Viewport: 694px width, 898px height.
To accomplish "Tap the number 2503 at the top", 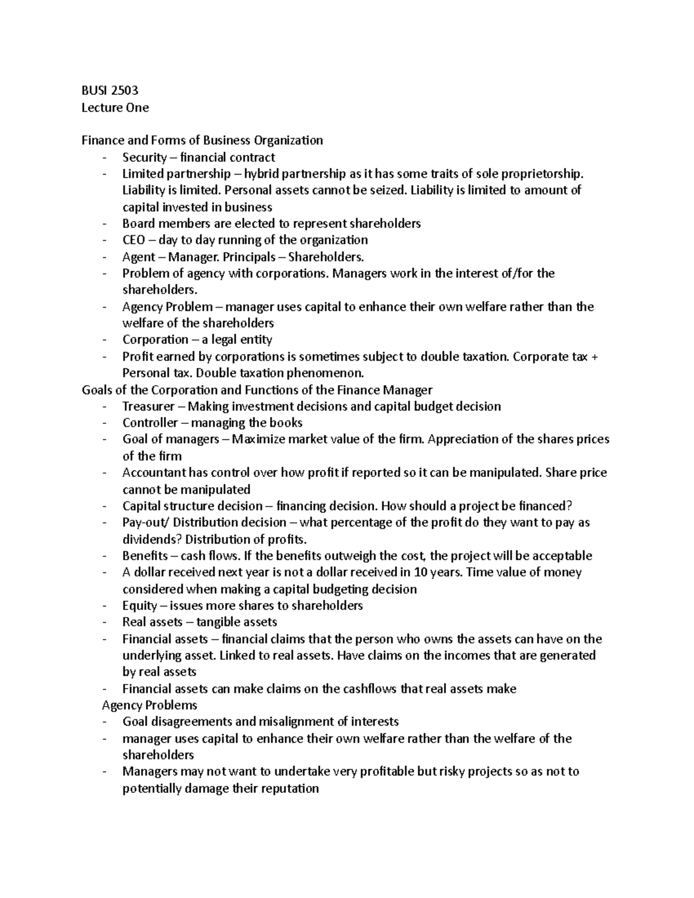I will [x=124, y=91].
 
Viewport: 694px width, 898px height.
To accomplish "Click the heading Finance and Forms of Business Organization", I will [x=202, y=141].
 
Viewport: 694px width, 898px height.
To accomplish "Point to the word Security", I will [x=144, y=157].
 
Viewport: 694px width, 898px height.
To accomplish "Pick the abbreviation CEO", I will [x=134, y=240].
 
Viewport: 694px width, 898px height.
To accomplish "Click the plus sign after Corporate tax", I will [x=594, y=357].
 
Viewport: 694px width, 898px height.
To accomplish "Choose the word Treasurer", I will [x=148, y=406].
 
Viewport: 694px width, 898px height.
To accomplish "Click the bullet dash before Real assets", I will [x=104, y=623].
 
